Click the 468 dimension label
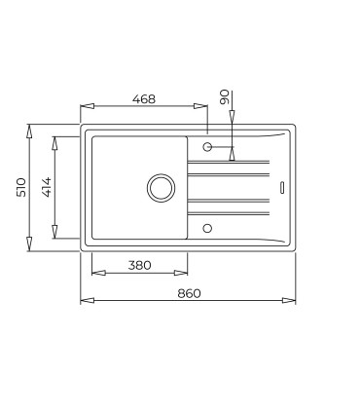(x=144, y=99)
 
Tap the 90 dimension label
(x=225, y=96)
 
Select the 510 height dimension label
(x=21, y=187)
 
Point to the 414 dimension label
(x=47, y=187)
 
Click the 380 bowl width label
(x=140, y=266)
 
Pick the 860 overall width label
(x=189, y=293)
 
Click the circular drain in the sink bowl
(x=162, y=188)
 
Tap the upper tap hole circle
(x=207, y=147)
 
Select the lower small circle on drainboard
(x=207, y=228)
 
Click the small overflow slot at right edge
(x=282, y=188)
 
